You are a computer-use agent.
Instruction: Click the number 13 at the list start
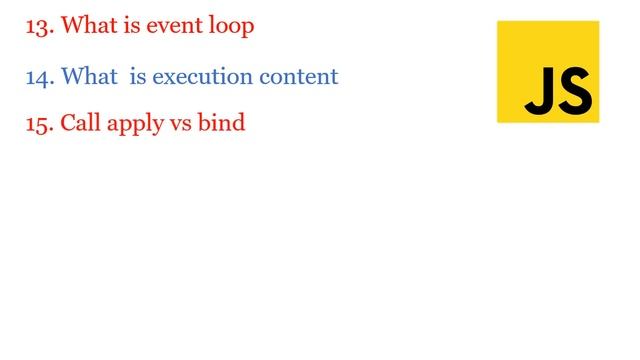pos(38,26)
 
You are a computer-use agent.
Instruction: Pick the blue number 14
pos(38,76)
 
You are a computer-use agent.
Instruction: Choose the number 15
pos(38,124)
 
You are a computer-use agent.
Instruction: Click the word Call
pos(80,124)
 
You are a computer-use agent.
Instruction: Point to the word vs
pos(175,125)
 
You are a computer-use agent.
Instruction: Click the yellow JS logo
pos(548,72)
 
